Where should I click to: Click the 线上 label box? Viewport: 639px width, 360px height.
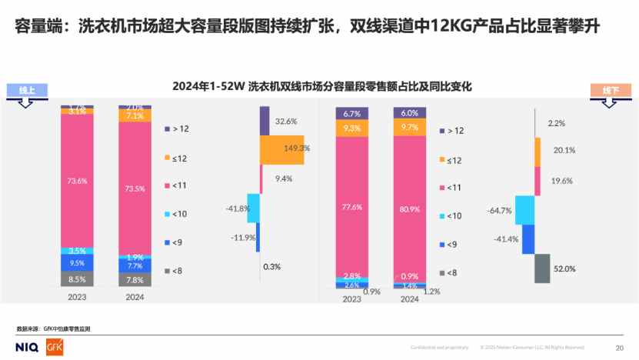(x=27, y=90)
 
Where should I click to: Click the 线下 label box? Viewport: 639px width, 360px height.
(x=610, y=90)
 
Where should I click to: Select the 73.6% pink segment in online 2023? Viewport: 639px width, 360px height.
(x=77, y=180)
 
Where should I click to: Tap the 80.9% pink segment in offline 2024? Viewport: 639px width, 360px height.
(x=410, y=205)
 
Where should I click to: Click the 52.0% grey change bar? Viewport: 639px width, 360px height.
(x=542, y=268)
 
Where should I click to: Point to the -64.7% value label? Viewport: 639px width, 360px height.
(x=500, y=209)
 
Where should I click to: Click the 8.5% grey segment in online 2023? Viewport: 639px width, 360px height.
(x=77, y=279)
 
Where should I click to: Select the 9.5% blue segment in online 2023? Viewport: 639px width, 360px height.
(x=77, y=262)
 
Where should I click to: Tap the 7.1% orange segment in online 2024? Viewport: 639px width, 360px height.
(x=135, y=115)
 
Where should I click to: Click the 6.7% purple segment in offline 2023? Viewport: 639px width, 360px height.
(x=352, y=114)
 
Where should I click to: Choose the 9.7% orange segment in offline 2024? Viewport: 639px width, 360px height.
(x=410, y=127)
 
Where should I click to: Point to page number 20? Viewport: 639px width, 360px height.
(x=619, y=347)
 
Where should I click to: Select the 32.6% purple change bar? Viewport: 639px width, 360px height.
(x=265, y=121)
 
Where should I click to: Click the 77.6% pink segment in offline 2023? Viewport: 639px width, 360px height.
(x=352, y=206)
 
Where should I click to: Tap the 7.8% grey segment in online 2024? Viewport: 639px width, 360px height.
(x=135, y=280)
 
